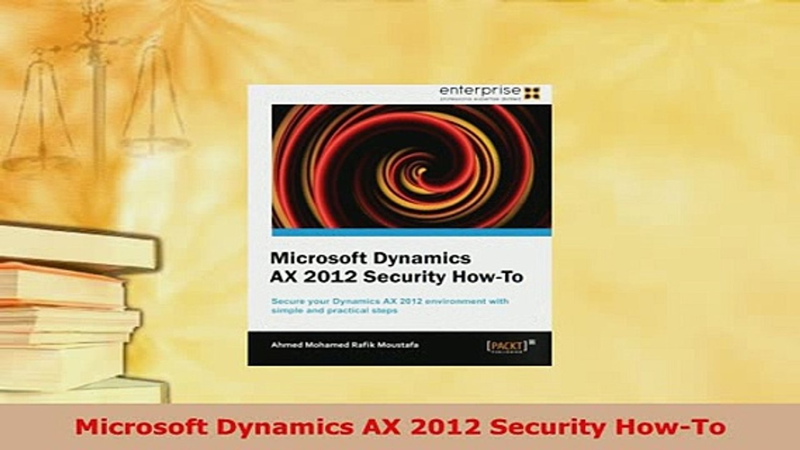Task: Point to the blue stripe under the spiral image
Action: click(411, 232)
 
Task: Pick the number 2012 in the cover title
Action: click(319, 277)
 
